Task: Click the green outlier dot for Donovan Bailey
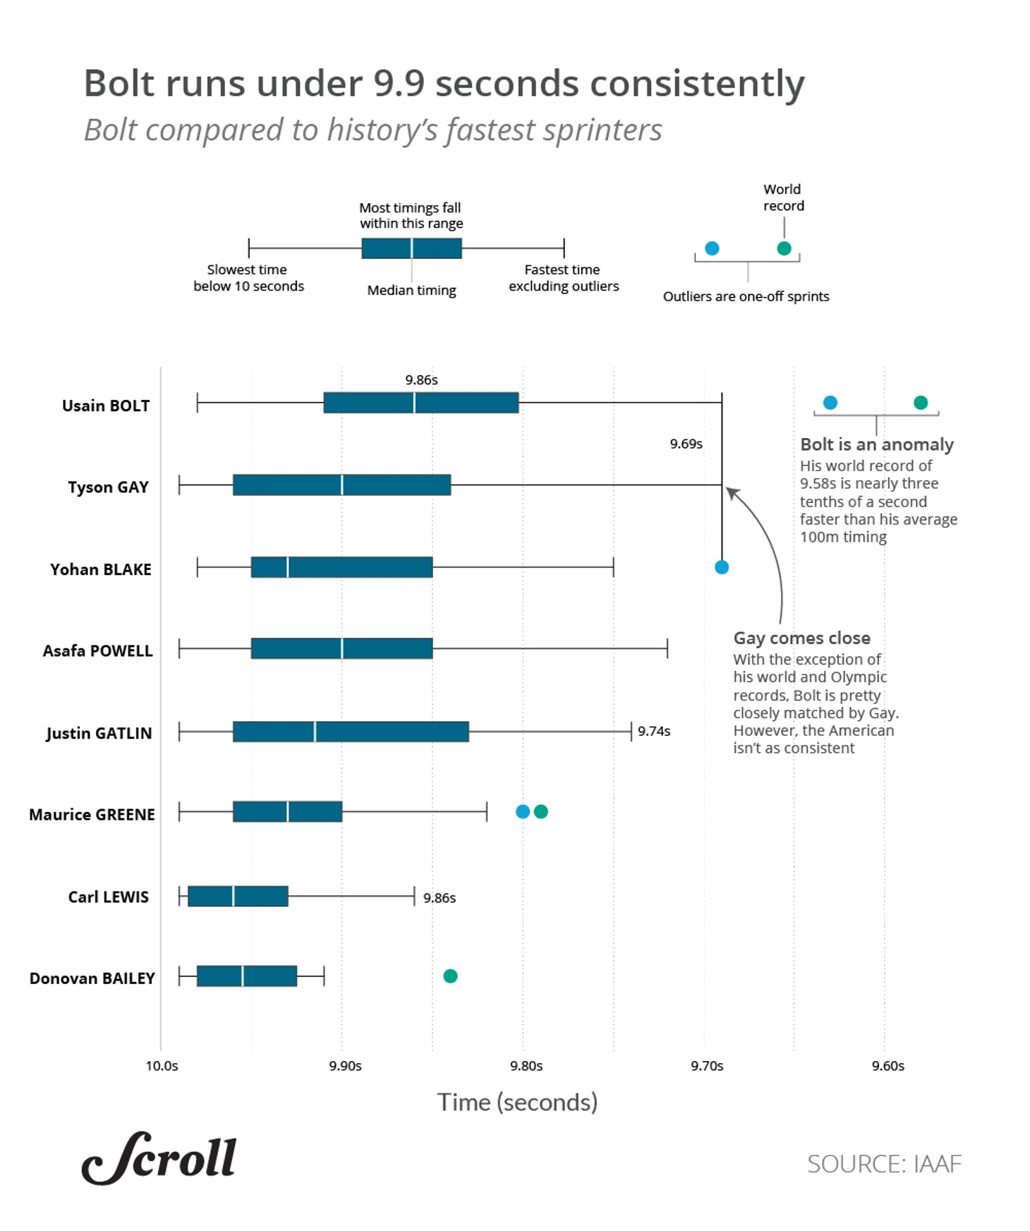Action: tap(450, 976)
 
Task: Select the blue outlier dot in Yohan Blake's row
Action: tap(721, 567)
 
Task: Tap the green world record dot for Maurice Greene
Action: tap(541, 811)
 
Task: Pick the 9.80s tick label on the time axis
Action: tap(526, 1065)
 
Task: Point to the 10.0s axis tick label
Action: tap(162, 1065)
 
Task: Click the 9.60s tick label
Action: tap(887, 1065)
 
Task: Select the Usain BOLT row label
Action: tap(106, 406)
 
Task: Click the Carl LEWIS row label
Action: tap(108, 897)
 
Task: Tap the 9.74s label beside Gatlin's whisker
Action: tap(654, 731)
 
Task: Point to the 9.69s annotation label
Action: tap(686, 444)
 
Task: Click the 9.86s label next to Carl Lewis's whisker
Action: tap(440, 898)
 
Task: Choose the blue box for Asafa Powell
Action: tap(341, 648)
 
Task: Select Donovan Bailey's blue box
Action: tap(246, 976)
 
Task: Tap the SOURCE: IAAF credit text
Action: tap(883, 1164)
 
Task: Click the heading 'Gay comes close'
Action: tap(801, 638)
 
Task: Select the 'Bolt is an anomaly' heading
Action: tap(876, 444)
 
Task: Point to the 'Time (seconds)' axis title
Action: tap(517, 1102)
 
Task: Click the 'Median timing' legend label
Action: tap(411, 290)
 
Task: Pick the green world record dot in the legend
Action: tap(784, 248)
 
